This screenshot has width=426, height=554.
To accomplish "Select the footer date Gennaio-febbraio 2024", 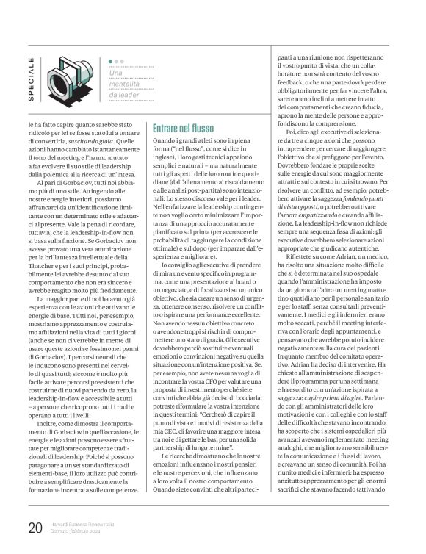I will click(82, 530).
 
